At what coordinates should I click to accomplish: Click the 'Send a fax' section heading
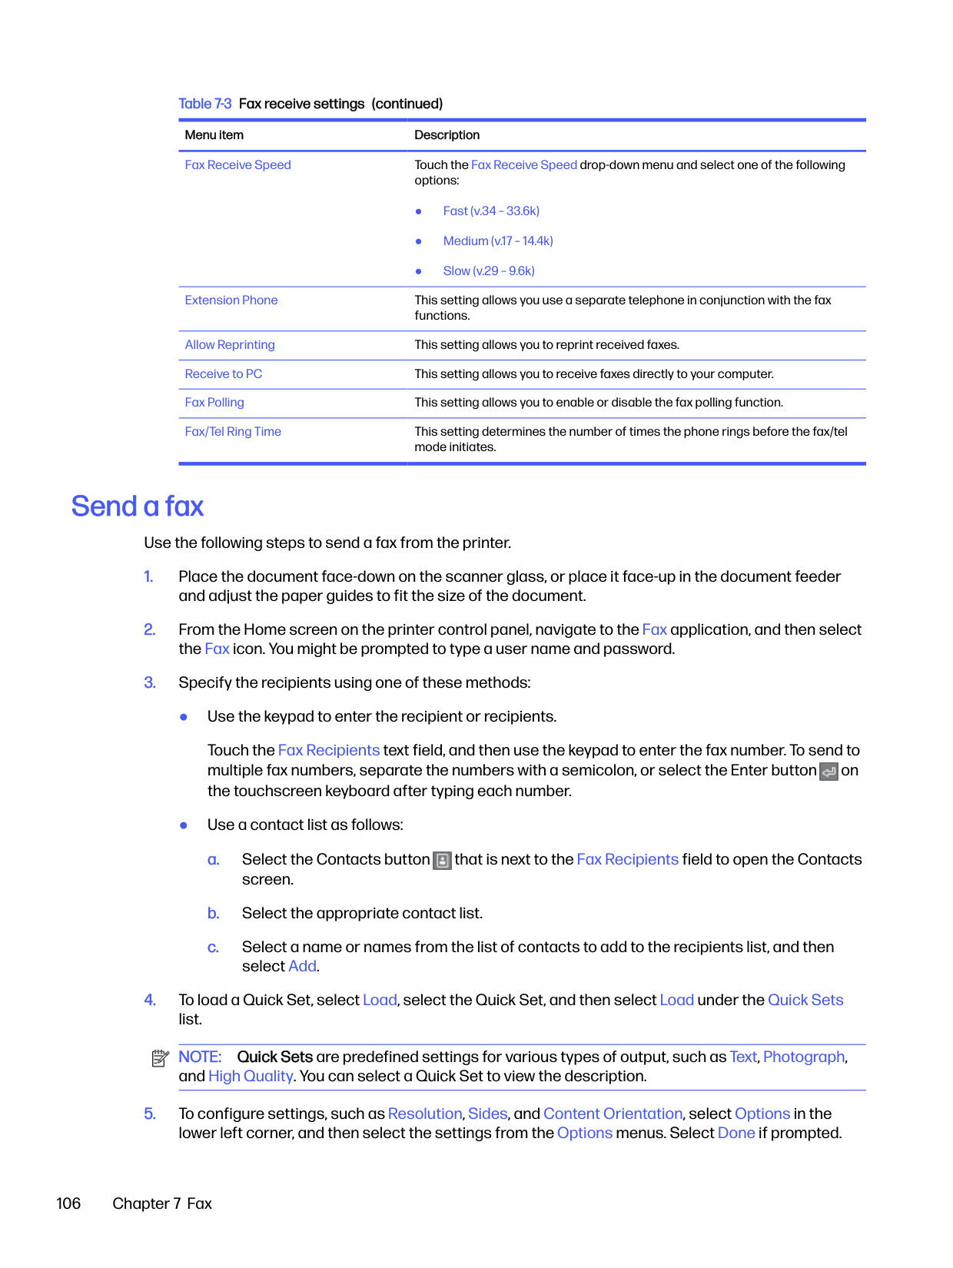[x=138, y=506]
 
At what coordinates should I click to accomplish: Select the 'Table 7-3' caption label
[x=204, y=104]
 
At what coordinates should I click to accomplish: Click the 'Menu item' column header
[x=214, y=135]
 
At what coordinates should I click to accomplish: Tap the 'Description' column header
[x=447, y=135]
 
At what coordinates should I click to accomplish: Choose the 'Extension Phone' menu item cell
[x=231, y=300]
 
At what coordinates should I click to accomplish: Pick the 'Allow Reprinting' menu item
[x=230, y=345]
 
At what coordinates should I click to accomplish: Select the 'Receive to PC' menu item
[x=224, y=374]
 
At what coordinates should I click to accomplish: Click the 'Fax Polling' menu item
[x=214, y=403]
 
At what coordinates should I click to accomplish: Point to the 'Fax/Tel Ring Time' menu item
[x=233, y=432]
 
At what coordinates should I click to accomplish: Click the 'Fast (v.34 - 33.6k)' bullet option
[x=491, y=211]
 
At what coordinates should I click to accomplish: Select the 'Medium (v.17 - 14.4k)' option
[x=498, y=241]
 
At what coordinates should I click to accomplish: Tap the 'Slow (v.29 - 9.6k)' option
[x=489, y=271]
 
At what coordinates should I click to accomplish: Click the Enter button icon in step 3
[x=828, y=772]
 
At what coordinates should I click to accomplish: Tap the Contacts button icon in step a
[x=442, y=861]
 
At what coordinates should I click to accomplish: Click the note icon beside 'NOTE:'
[x=160, y=1059]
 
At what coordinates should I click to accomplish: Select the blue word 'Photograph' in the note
[x=804, y=1057]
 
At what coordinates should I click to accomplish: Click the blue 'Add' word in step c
[x=302, y=967]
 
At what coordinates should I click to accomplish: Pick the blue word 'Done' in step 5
[x=736, y=1134]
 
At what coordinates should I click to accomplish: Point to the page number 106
[x=68, y=1203]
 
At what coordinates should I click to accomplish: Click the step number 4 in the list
[x=150, y=1001]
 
